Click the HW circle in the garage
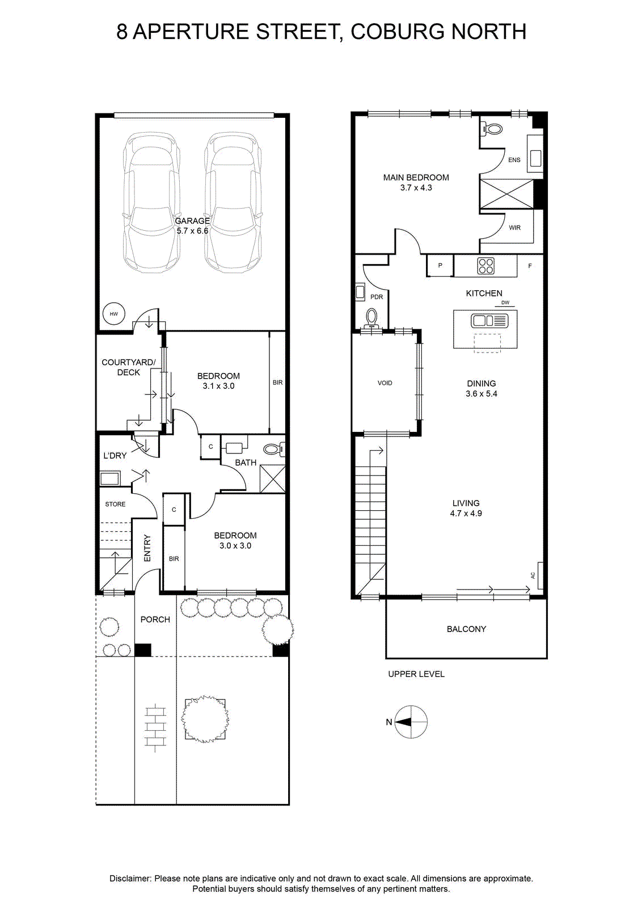coord(114,314)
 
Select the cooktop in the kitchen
coord(485,266)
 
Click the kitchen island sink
coord(489,321)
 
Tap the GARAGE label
coord(192,221)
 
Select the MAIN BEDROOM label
coord(416,177)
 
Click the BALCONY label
coord(466,629)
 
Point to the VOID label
coord(385,383)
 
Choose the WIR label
coord(514,228)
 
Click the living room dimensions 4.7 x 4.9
coord(466,514)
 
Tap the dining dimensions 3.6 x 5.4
coord(481,393)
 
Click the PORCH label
coord(155,620)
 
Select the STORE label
coord(115,504)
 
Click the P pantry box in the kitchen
coord(440,266)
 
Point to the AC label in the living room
coord(533,575)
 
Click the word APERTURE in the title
coord(191,32)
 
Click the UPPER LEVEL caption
coord(416,674)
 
